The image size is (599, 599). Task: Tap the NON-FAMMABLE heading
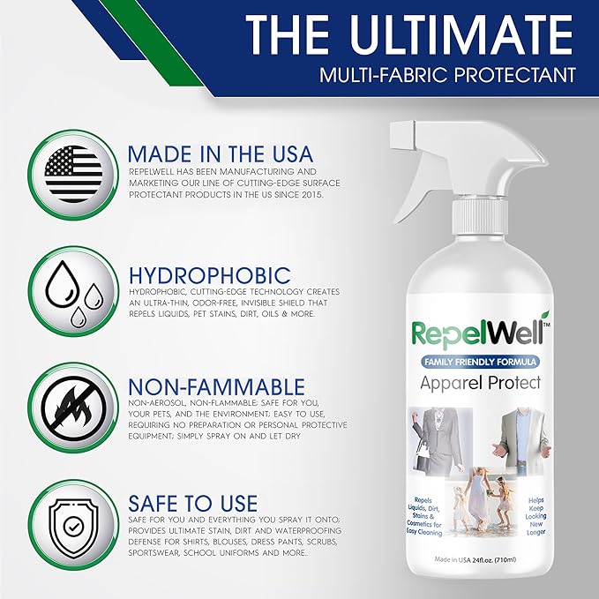click(216, 386)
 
